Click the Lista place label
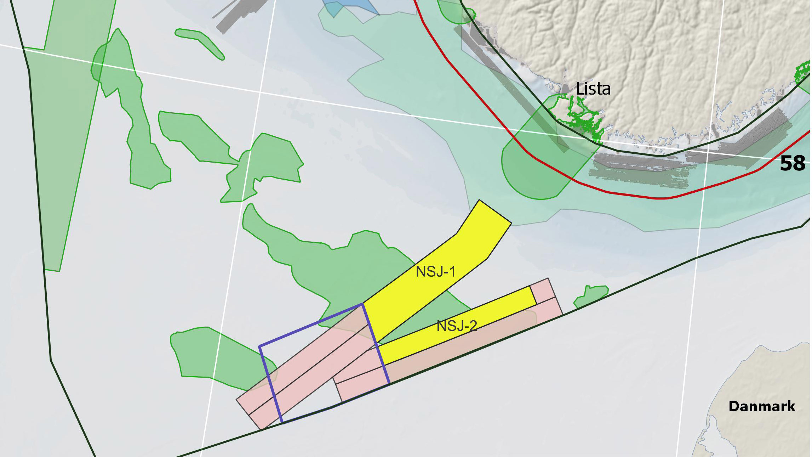[x=593, y=89]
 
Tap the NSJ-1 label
[x=435, y=272]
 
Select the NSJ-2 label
[x=457, y=326]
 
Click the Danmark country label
[x=762, y=406]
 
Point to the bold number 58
[x=792, y=164]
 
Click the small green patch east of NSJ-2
[x=591, y=296]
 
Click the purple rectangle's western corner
[x=260, y=346]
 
